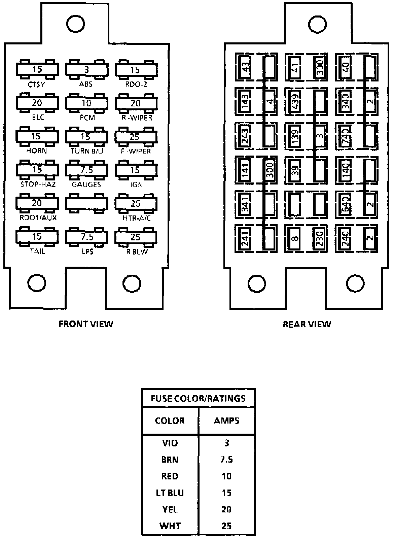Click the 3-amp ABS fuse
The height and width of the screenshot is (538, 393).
[x=86, y=70]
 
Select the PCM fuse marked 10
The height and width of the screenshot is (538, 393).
[x=86, y=103]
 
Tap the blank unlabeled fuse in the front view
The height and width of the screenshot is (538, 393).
[x=86, y=203]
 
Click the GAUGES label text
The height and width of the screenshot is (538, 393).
[x=86, y=184]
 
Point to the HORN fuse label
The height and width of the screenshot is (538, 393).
[x=36, y=151]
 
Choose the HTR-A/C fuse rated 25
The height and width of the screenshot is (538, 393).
[x=136, y=203]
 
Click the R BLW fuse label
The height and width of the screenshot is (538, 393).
[x=137, y=251]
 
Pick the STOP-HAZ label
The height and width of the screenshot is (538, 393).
[x=38, y=184]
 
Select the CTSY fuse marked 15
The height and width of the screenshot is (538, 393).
[x=37, y=70]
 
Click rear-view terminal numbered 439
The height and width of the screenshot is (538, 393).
[x=296, y=102]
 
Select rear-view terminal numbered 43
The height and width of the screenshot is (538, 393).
[x=246, y=67]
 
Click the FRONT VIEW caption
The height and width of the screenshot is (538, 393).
[x=86, y=324]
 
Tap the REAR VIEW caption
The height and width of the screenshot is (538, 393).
[x=307, y=324]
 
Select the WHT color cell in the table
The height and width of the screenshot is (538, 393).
[x=170, y=526]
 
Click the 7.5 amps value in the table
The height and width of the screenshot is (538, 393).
[x=226, y=460]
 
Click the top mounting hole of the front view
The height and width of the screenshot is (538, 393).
[x=76, y=23]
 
